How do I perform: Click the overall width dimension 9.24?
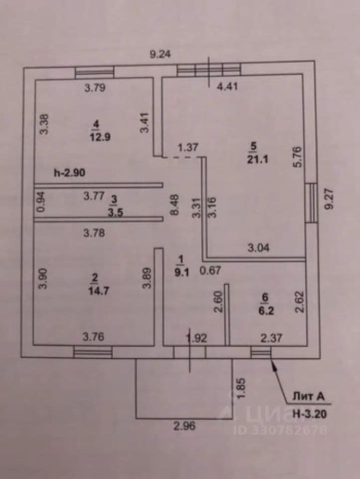click(x=161, y=54)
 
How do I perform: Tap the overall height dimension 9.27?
click(x=330, y=199)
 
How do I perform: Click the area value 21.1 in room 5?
click(x=257, y=160)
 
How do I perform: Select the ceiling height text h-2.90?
click(x=69, y=173)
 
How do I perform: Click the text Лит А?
click(x=308, y=397)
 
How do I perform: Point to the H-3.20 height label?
click(x=310, y=414)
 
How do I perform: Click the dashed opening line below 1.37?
click(x=181, y=157)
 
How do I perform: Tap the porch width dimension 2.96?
click(x=184, y=426)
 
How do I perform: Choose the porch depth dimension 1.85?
click(x=240, y=388)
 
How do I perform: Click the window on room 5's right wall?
click(x=311, y=203)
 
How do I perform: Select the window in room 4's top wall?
click(x=95, y=73)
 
